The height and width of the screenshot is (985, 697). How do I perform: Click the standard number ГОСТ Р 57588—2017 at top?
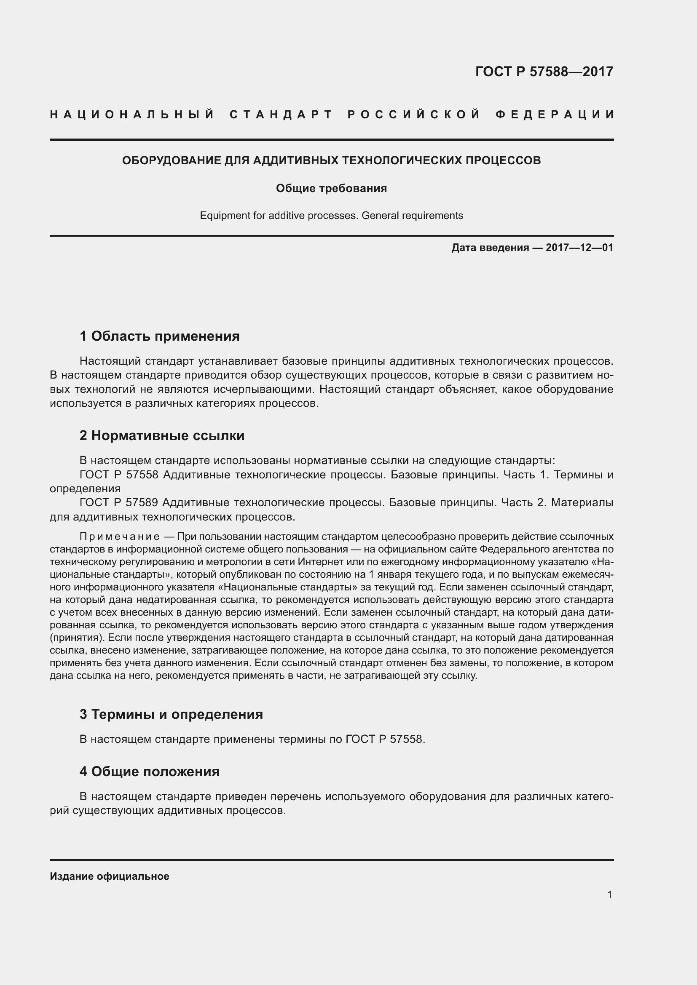coord(544,72)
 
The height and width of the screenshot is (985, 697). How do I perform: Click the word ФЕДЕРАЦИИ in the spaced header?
coord(555,115)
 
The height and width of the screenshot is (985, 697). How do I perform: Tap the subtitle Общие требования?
coord(331,188)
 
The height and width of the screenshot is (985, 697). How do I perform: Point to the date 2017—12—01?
coord(579,248)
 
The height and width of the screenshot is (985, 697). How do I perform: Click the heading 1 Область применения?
coord(159,336)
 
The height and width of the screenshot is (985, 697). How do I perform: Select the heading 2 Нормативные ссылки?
coord(162,435)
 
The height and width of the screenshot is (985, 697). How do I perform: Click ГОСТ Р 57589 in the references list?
coord(119,502)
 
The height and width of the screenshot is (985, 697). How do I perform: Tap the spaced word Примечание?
coord(119,537)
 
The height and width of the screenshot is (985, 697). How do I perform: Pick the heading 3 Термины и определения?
coord(171,714)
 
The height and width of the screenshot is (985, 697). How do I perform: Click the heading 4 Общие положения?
coord(149,772)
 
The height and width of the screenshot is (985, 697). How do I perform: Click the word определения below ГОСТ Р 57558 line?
coord(85,488)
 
